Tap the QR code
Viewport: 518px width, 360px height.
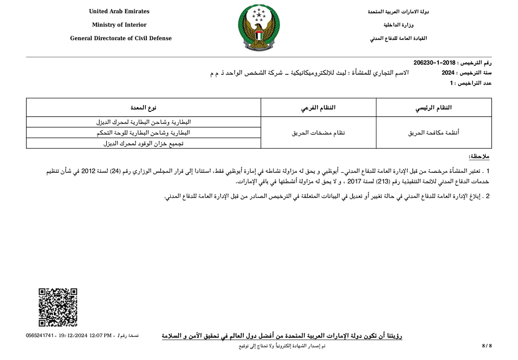click(58, 308)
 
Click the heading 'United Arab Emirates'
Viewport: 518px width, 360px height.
click(119, 12)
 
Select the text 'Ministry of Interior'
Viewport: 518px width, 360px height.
click(119, 25)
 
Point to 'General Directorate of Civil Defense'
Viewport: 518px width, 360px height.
click(121, 38)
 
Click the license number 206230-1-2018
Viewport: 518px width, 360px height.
click(434, 63)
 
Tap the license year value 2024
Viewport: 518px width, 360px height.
click(448, 73)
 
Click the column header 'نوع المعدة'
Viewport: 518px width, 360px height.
click(143, 108)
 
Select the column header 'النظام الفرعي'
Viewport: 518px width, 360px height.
click(318, 108)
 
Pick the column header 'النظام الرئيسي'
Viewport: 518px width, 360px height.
click(434, 108)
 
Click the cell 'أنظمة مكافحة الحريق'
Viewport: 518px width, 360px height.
click(434, 132)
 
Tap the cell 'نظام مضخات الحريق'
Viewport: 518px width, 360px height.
click(318, 132)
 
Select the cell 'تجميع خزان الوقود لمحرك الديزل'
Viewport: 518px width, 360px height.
click(143, 143)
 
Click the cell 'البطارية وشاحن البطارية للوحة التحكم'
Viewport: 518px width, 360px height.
click(143, 132)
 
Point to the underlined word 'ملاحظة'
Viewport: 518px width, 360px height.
click(479, 157)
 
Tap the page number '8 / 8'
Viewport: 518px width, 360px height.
click(487, 346)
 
